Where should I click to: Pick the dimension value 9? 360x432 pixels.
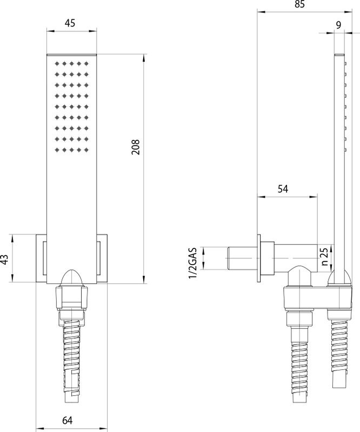[x=338, y=24]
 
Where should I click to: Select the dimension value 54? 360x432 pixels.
[x=283, y=188]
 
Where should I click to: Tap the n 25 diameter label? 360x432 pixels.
[x=323, y=258]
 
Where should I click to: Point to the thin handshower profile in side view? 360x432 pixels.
[x=339, y=162]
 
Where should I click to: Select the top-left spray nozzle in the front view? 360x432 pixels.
[x=56, y=63]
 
